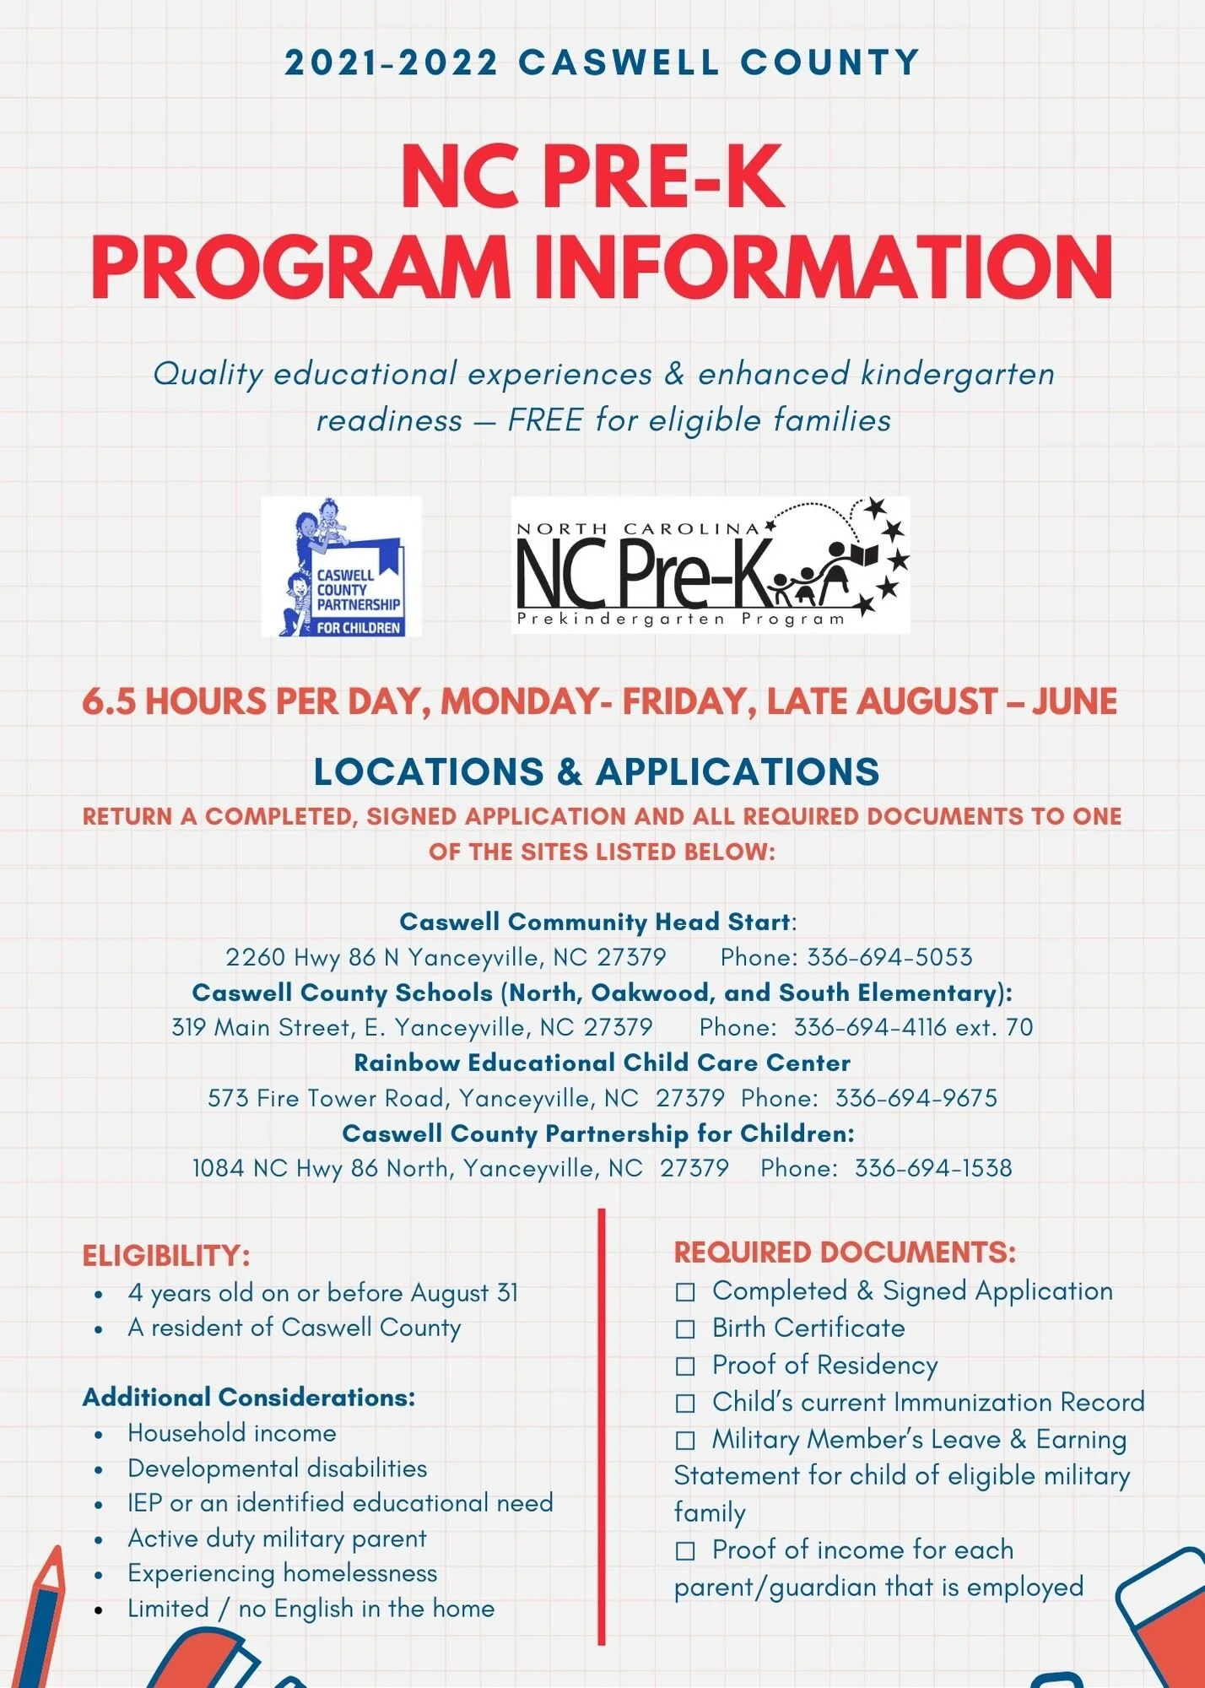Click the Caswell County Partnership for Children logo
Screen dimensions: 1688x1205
click(x=342, y=567)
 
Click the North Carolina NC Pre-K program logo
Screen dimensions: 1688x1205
click(x=711, y=565)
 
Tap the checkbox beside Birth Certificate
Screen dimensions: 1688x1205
click(x=685, y=1329)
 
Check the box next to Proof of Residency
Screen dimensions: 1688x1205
click(x=685, y=1366)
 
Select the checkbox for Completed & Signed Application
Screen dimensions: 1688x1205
click(x=685, y=1292)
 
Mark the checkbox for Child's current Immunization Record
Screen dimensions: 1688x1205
click(x=685, y=1404)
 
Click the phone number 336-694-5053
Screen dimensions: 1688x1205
click(x=889, y=957)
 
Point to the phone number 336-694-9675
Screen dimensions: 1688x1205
click(x=916, y=1098)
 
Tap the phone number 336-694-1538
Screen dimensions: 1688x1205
click(x=933, y=1168)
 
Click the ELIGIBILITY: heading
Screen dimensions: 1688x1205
click(x=166, y=1256)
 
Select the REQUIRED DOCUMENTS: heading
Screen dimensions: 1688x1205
click(x=845, y=1252)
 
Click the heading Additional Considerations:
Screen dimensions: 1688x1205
click(x=249, y=1398)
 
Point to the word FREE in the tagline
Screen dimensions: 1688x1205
click(x=544, y=420)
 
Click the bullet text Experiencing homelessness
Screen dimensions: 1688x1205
click(x=283, y=1573)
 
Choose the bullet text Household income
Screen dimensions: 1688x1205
click(x=232, y=1433)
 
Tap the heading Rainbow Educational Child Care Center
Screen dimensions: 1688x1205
click(x=602, y=1063)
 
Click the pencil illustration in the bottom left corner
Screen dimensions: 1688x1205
click(x=42, y=1620)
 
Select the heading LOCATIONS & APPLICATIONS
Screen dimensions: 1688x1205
click(x=597, y=772)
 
